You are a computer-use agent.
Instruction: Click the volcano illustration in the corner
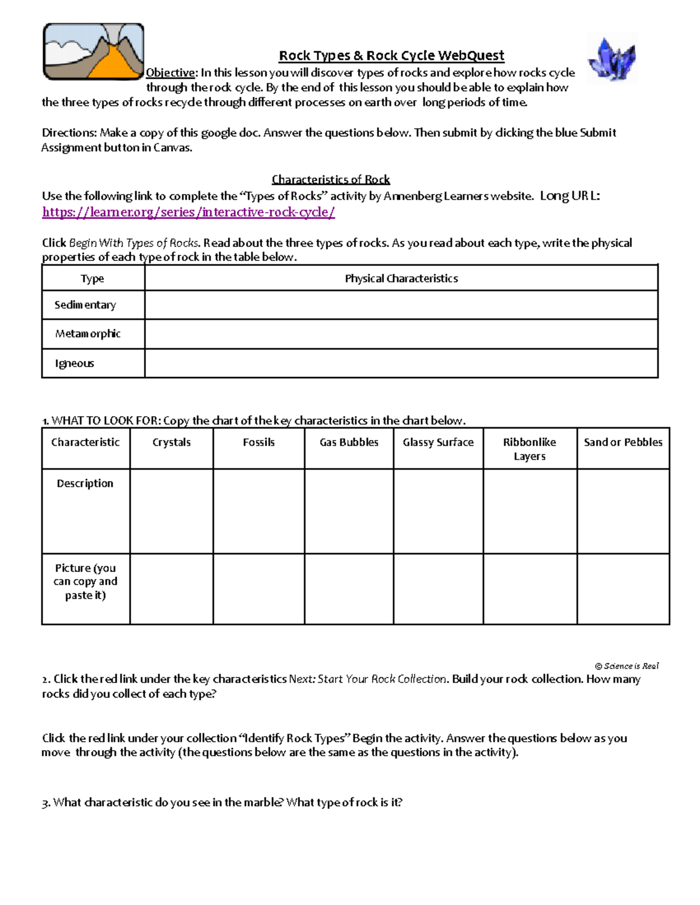coord(93,52)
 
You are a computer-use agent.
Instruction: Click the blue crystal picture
coord(612,59)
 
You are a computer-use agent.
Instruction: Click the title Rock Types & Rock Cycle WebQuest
coord(391,55)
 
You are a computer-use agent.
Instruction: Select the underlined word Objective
coord(170,73)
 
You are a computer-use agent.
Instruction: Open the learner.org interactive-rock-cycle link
coord(188,212)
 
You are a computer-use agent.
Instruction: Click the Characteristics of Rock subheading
coord(331,179)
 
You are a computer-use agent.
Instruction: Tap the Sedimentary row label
coord(85,305)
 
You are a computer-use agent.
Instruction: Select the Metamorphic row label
coord(87,334)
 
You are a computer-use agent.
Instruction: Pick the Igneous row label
coord(74,364)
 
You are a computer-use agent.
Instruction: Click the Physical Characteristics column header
coord(401,279)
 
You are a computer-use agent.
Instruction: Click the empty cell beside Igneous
coord(401,364)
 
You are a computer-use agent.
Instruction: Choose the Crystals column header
coord(171,442)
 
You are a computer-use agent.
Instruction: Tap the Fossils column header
coord(258,442)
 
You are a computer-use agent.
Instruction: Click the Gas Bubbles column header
coord(349,442)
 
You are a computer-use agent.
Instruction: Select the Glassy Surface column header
coord(438,442)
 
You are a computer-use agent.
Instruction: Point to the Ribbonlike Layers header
coord(530,449)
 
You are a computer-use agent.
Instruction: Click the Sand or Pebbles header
coord(623,442)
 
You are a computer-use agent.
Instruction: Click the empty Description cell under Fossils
coord(258,511)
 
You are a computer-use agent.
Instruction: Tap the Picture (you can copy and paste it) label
coord(85,581)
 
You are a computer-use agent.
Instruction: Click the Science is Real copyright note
coord(626,666)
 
